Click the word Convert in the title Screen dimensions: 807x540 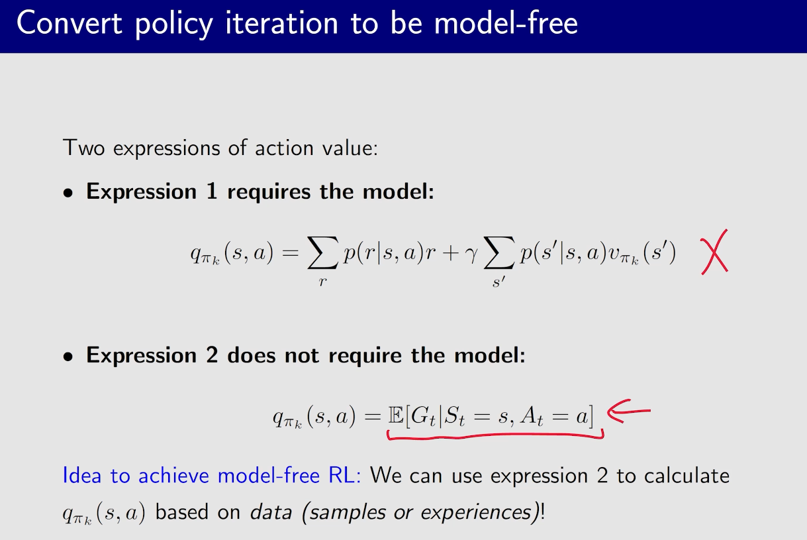click(69, 23)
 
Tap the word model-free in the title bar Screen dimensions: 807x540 click(506, 23)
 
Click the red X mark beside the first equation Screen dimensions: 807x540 click(714, 252)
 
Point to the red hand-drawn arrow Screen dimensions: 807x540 click(629, 411)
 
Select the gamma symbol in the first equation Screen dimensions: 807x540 click(471, 255)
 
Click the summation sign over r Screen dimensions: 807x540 click(322, 252)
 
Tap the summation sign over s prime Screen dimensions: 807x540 click(498, 252)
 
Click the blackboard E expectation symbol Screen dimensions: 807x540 click(395, 415)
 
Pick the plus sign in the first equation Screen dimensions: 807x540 click(450, 253)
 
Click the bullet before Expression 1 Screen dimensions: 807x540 click(68, 193)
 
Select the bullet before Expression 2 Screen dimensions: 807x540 click(68, 357)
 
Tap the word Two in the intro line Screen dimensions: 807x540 click(83, 148)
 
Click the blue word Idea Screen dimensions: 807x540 click(82, 475)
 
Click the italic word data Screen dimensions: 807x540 click(271, 512)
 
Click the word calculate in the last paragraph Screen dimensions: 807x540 click(687, 475)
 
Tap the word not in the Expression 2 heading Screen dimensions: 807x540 click(301, 355)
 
